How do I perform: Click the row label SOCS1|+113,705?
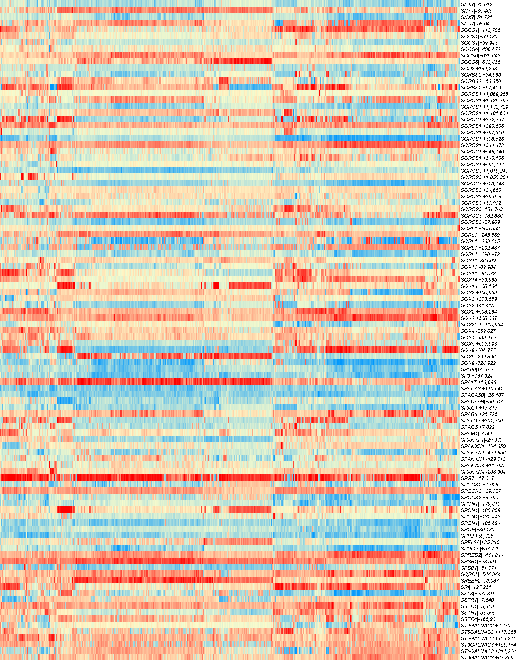(480, 30)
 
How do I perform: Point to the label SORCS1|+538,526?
(482, 139)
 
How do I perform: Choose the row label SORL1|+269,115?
(480, 241)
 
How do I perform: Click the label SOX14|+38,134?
(478, 286)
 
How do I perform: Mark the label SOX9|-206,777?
(478, 350)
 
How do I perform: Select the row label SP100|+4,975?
(477, 369)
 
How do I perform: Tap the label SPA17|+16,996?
(478, 382)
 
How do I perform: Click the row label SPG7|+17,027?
(477, 478)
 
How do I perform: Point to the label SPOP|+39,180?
(478, 529)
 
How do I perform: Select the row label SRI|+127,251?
(476, 587)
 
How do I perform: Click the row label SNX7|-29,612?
(477, 4)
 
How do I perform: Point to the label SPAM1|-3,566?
(477, 433)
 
